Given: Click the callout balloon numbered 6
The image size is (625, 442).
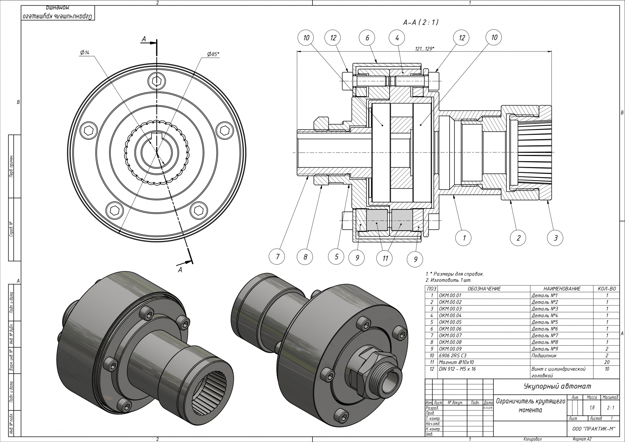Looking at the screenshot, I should click(x=367, y=38).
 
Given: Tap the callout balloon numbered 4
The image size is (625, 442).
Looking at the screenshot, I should click(x=397, y=38).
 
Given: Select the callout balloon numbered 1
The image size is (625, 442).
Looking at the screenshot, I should click(x=464, y=238).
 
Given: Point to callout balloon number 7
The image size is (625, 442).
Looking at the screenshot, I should click(x=277, y=256).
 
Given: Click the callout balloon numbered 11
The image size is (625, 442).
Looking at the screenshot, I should click(x=385, y=259).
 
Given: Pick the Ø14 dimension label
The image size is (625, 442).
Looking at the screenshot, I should click(x=85, y=53).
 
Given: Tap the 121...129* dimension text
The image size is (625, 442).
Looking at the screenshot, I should click(x=424, y=49).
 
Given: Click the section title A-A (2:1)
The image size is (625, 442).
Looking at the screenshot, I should click(x=421, y=22).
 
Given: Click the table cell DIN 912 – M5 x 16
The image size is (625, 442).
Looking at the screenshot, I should click(x=457, y=369).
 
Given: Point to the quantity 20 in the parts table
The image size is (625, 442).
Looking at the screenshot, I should click(x=607, y=362).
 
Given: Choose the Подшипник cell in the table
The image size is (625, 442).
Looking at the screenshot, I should click(x=544, y=355).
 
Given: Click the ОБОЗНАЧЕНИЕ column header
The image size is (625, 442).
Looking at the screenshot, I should click(x=484, y=289).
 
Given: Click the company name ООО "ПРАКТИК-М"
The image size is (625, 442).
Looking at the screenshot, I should click(x=593, y=429).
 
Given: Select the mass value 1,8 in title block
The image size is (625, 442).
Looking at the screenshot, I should click(x=592, y=407).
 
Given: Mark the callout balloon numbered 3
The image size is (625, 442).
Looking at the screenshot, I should click(x=555, y=238).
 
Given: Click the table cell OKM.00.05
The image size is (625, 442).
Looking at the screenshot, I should click(x=450, y=322).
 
